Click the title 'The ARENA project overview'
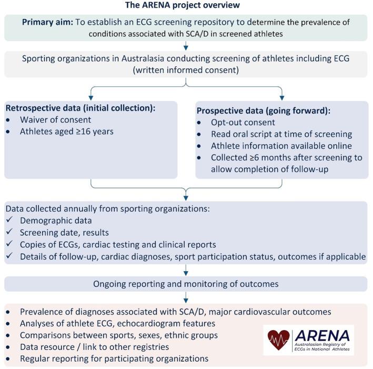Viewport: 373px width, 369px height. click(183, 5)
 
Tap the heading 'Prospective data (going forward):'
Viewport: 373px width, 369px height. click(263, 111)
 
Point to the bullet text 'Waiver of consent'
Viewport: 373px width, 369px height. click(55, 120)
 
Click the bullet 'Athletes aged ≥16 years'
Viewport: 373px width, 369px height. click(67, 132)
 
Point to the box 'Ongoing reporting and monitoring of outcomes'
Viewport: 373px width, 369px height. click(186, 284)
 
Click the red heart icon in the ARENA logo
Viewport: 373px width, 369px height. click(278, 340)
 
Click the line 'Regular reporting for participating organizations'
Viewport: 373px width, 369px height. click(114, 358)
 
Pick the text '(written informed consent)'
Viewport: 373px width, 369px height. click(186, 70)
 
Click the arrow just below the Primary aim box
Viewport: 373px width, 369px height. click(186, 47)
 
